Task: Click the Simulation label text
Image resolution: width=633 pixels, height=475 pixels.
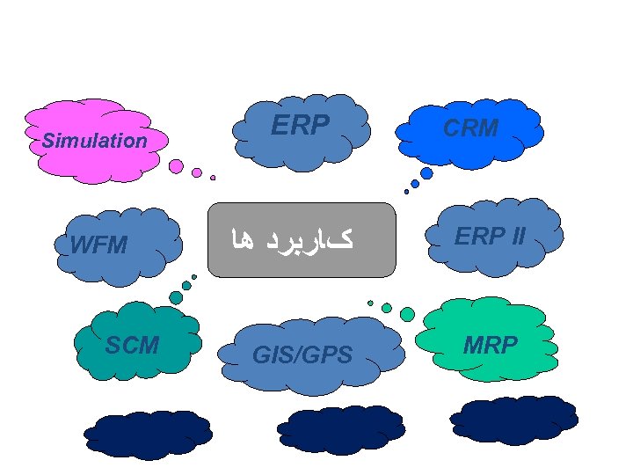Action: tap(95, 141)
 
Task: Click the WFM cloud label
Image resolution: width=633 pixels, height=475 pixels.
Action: tap(98, 245)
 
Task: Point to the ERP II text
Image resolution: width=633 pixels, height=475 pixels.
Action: tap(490, 237)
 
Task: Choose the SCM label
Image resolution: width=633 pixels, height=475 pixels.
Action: tap(132, 346)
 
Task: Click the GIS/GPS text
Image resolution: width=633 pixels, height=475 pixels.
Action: tap(302, 355)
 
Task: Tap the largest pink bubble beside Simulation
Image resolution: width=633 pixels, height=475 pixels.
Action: tap(176, 165)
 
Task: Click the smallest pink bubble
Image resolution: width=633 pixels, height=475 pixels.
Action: tap(213, 178)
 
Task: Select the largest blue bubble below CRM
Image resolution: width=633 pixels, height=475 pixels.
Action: tap(426, 173)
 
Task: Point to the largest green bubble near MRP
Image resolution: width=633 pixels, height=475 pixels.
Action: tap(407, 314)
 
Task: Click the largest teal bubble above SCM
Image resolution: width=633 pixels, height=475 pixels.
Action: tap(176, 298)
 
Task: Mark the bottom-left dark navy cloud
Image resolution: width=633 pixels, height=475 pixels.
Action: tap(147, 434)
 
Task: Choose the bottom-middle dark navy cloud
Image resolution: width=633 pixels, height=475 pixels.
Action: tap(340, 429)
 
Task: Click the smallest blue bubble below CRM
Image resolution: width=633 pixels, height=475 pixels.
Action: tap(406, 192)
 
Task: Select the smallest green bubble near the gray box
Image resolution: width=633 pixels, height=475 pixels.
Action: tap(370, 303)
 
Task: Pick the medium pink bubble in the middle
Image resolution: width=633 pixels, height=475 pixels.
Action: tap(197, 173)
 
